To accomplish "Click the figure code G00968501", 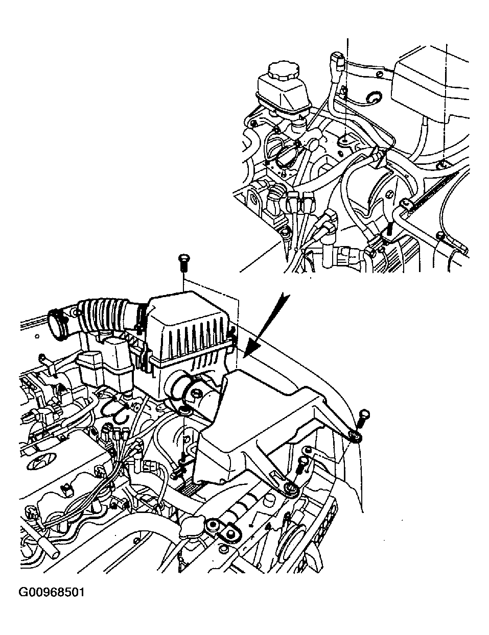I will point(51,593).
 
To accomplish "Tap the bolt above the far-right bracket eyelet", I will point(363,418).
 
